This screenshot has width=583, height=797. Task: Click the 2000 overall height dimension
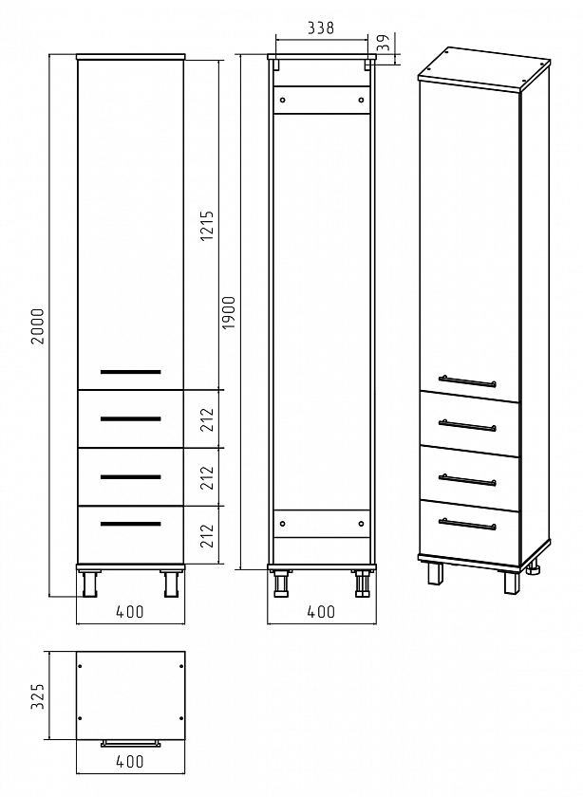point(38,326)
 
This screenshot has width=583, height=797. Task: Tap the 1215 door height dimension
point(207,226)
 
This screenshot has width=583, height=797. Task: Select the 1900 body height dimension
point(229,312)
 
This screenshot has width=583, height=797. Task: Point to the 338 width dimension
point(321,28)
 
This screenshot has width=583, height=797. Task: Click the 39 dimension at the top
point(385,43)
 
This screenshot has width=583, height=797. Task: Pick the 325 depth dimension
point(38,695)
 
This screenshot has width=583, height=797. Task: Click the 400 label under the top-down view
point(130,761)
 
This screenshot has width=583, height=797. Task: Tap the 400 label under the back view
point(321,611)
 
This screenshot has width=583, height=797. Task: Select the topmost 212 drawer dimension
point(207,419)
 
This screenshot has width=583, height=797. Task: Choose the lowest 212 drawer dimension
point(207,535)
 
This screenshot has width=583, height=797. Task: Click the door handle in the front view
point(131,372)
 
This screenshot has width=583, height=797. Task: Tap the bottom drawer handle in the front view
point(131,524)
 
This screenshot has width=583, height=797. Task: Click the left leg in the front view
point(89,583)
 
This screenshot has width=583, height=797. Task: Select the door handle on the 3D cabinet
point(467,380)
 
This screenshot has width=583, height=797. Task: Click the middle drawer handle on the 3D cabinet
point(467,479)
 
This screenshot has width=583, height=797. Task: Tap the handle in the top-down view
point(131,744)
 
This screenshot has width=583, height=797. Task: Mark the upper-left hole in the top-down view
point(80,665)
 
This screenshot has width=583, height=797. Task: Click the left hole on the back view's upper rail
point(283,101)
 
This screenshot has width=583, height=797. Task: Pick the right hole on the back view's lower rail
point(361,524)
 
